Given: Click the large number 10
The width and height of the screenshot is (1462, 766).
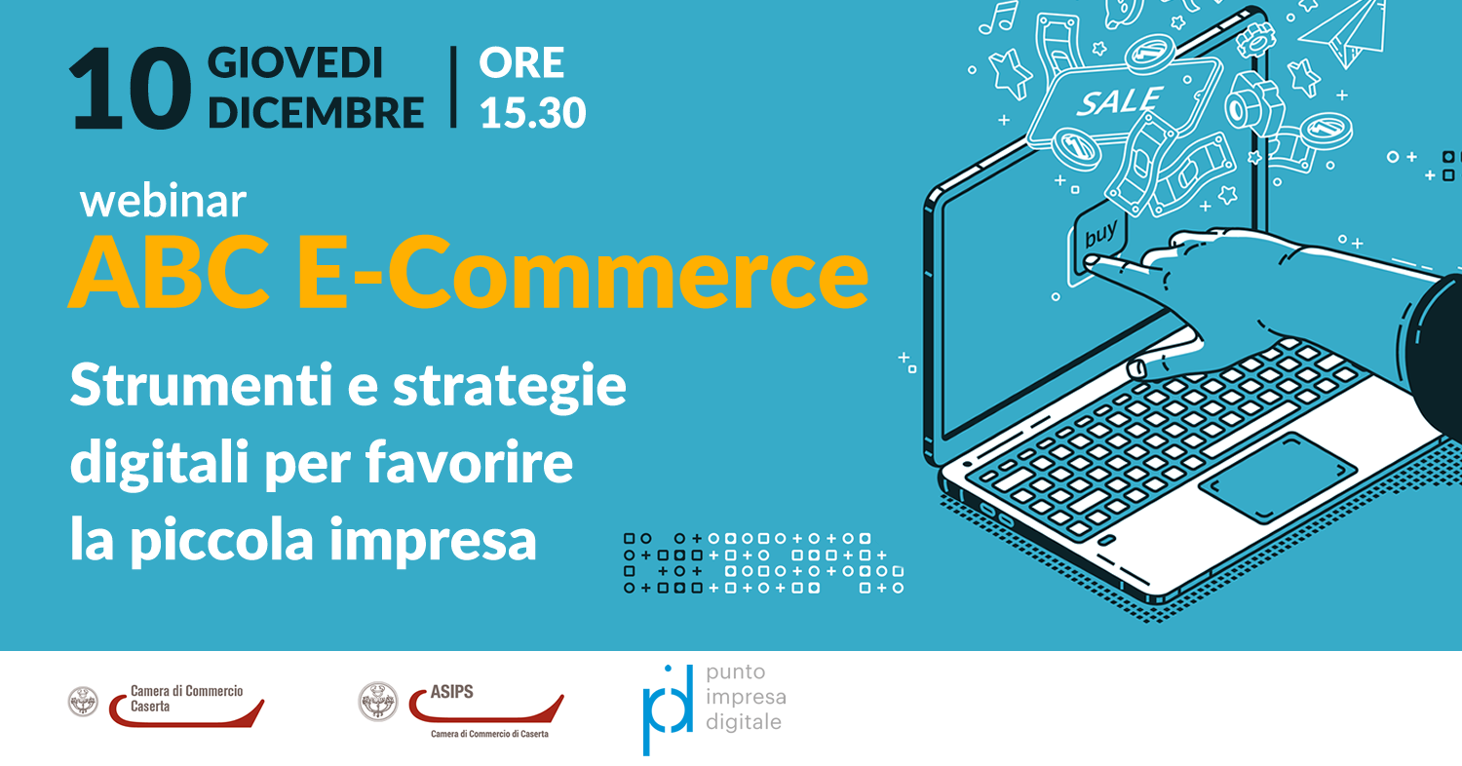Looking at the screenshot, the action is (131, 89).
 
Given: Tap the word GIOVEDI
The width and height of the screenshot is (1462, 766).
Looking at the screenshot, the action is (295, 62).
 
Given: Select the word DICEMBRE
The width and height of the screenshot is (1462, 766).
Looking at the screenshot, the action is (316, 112).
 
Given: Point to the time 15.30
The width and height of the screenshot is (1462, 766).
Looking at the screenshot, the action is (532, 112).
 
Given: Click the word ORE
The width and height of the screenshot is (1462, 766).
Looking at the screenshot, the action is (521, 62).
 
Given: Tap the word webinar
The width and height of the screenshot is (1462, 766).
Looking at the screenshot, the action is (163, 201).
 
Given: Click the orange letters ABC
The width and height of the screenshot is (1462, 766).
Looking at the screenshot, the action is (170, 272).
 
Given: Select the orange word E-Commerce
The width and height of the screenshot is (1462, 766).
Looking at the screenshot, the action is (583, 272).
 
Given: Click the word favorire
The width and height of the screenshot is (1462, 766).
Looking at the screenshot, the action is (469, 462).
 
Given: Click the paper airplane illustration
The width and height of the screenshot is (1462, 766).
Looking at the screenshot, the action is (1344, 31).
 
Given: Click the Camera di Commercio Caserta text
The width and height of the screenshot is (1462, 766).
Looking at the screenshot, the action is (187, 699).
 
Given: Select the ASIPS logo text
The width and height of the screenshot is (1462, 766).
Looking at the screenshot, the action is (451, 692).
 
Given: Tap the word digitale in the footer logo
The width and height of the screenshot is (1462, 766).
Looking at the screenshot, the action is (744, 722).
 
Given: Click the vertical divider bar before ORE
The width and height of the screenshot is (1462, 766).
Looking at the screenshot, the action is (453, 87).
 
